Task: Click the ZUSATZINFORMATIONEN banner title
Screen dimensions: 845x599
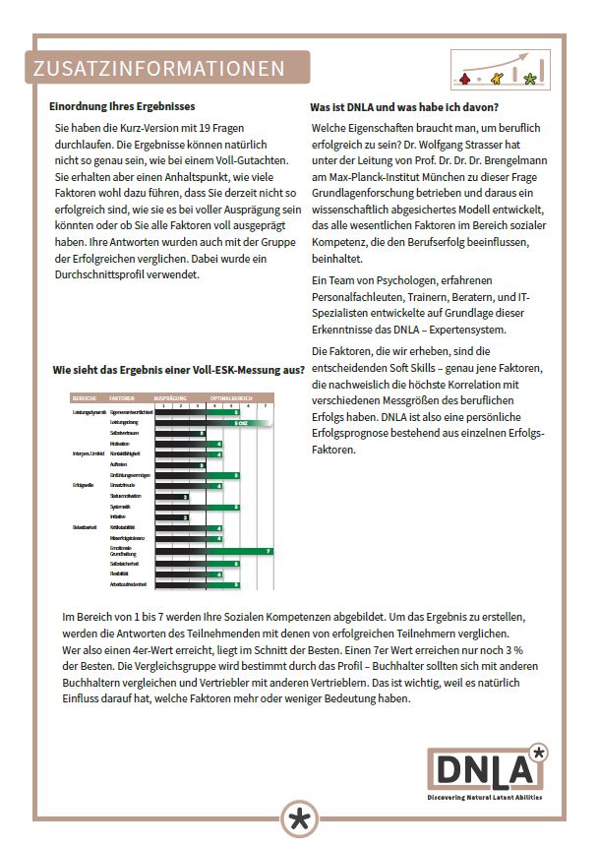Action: pos(158,69)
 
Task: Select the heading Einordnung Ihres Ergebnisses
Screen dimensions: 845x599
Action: pos(122,106)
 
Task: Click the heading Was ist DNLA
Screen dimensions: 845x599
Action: pos(404,106)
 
